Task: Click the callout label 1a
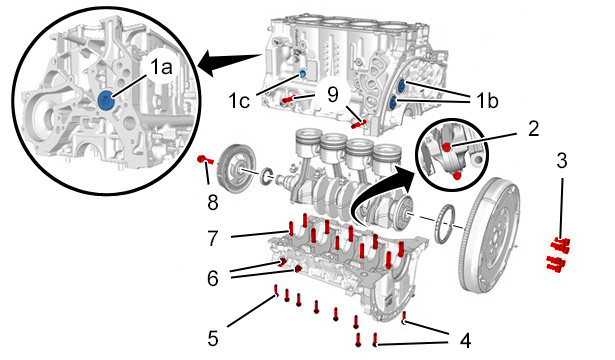(x=162, y=67)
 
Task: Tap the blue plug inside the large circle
(x=106, y=100)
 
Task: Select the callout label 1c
(x=239, y=101)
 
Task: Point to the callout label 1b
(x=488, y=101)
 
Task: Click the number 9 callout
(x=333, y=95)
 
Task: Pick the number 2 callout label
(x=533, y=129)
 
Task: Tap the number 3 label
(x=562, y=161)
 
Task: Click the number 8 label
(x=213, y=203)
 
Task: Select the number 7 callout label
(x=213, y=238)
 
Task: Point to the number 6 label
(x=213, y=278)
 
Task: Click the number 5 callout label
(x=213, y=339)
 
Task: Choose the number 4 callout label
(x=465, y=340)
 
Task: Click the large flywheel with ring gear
(x=490, y=235)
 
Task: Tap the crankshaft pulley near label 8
(x=236, y=169)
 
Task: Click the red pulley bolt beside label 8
(x=204, y=159)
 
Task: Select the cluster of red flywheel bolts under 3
(x=559, y=255)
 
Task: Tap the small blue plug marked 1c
(x=302, y=73)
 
